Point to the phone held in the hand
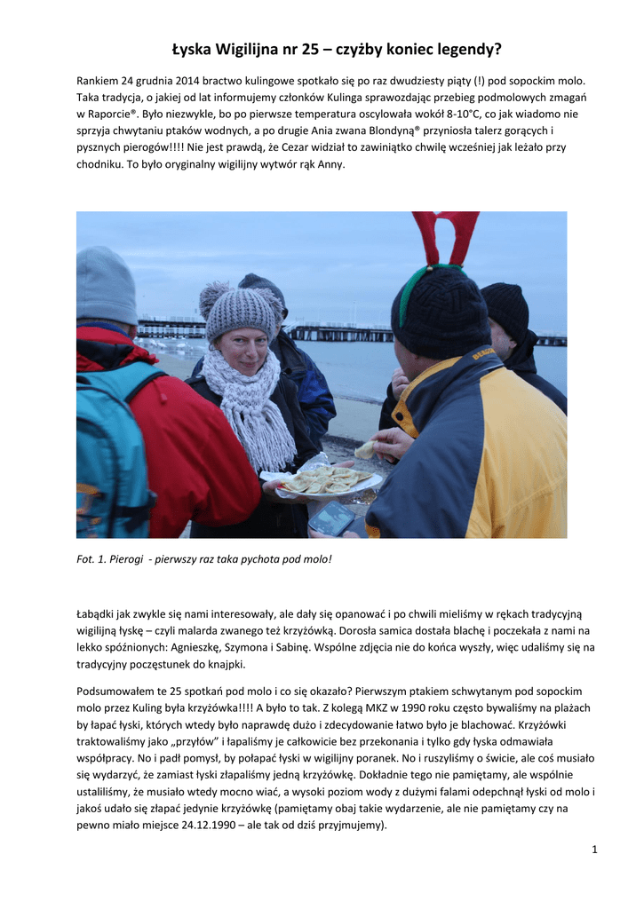point(331,518)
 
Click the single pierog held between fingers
point(365,450)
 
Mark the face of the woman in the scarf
point(243,352)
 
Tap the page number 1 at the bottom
point(594,850)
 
